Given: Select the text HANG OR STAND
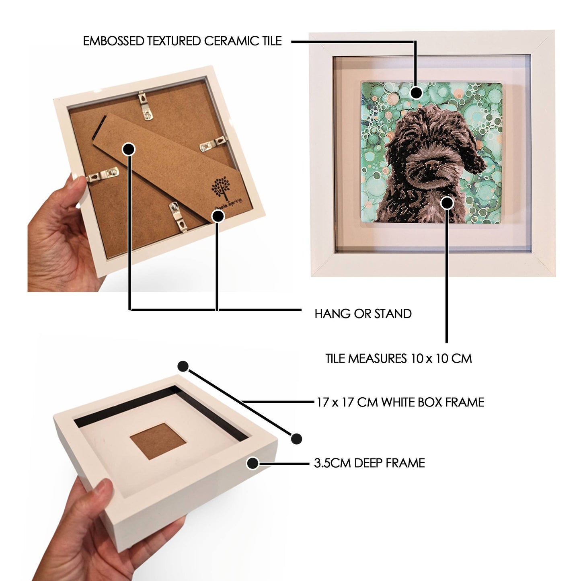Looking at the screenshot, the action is click(x=363, y=314).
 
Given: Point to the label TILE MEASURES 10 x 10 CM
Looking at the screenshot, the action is click(x=398, y=359).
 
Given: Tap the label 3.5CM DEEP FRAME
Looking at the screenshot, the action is click(x=370, y=463).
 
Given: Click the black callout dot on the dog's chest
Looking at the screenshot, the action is click(x=447, y=203).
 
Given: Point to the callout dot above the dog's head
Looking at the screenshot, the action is click(x=417, y=93).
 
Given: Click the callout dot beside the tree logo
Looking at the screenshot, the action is click(x=218, y=216).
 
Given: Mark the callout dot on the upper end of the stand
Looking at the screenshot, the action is click(x=129, y=149).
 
